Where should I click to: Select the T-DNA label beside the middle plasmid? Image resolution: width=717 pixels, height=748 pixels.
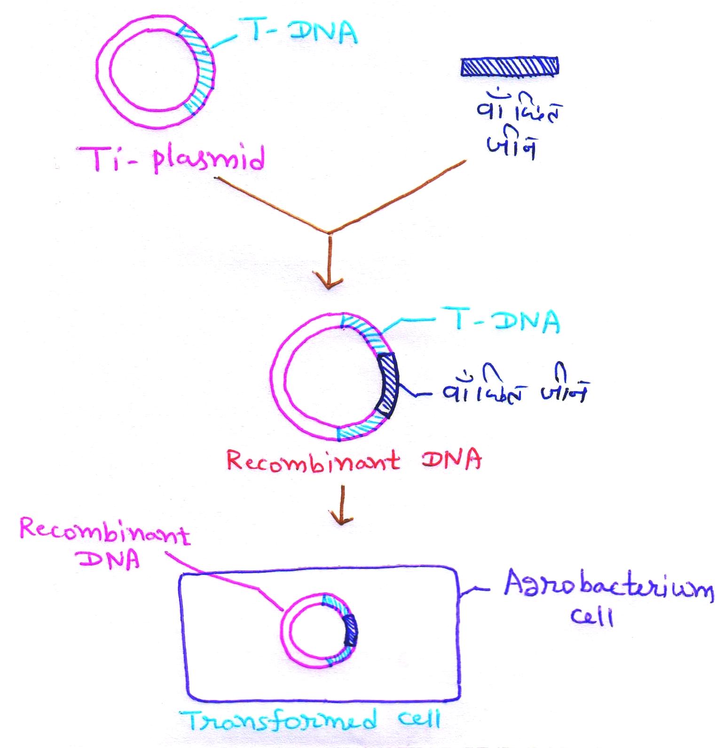[499, 321]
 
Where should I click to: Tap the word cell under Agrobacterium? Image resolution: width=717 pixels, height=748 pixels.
[592, 617]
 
